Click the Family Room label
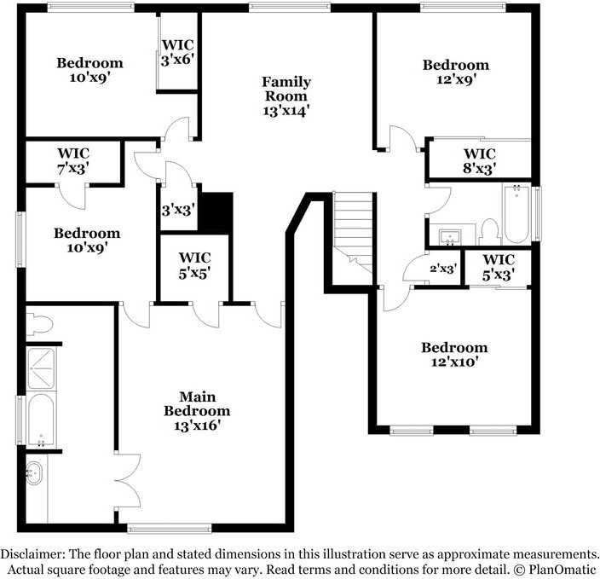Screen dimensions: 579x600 (286, 96)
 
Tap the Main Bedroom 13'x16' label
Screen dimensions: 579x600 (197, 410)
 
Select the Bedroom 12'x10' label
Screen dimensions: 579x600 (455, 354)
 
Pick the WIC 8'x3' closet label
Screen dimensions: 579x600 (479, 161)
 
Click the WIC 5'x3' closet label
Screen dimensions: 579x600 (498, 267)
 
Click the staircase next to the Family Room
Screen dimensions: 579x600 (351, 231)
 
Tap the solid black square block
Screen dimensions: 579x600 (216, 211)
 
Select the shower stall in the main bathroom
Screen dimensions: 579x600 (41, 368)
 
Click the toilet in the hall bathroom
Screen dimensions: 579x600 (488, 230)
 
